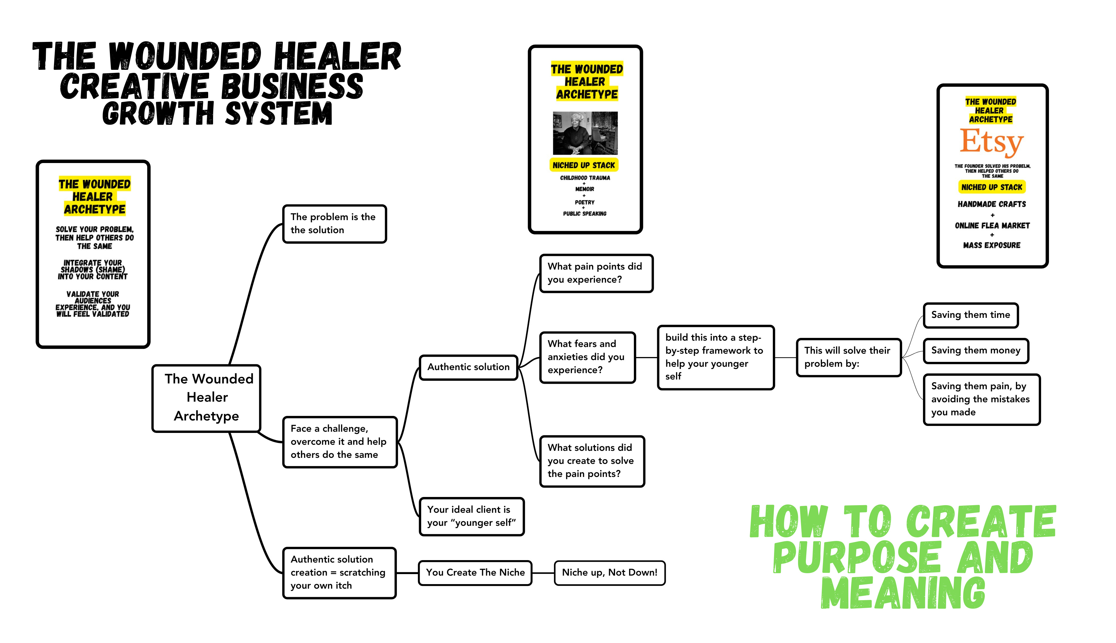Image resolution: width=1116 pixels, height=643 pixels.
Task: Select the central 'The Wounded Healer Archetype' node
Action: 207,397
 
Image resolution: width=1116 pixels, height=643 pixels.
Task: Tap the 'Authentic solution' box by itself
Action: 468,367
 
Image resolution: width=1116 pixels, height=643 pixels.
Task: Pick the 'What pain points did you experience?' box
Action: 596,273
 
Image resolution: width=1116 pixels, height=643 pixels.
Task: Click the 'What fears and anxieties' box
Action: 587,357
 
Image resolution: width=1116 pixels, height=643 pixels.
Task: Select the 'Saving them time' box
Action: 970,315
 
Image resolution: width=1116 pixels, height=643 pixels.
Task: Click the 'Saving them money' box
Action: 976,350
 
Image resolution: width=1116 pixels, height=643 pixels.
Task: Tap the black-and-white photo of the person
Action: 585,133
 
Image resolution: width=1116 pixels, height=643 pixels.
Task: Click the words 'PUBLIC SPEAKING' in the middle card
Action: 584,214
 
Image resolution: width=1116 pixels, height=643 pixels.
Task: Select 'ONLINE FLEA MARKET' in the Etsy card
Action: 992,226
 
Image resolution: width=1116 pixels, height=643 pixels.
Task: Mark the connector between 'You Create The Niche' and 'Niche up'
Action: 543,573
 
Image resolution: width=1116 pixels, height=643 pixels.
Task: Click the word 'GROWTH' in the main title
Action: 158,114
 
